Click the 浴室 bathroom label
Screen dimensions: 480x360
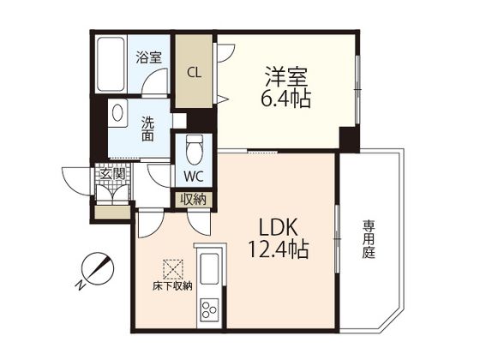click(149, 57)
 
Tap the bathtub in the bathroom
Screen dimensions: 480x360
click(111, 64)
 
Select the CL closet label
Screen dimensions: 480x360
click(194, 73)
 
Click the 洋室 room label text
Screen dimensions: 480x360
click(286, 76)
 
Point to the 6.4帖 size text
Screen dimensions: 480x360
click(286, 99)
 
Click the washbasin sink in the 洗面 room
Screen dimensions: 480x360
click(117, 113)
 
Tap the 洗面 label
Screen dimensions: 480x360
click(147, 129)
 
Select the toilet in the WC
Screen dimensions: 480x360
click(194, 150)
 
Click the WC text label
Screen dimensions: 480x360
click(194, 176)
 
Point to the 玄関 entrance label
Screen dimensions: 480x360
click(112, 175)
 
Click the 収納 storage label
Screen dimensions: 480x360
click(193, 200)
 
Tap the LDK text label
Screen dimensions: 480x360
click(279, 227)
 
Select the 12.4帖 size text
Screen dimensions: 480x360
click(278, 249)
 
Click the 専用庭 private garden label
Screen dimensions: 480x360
click(369, 239)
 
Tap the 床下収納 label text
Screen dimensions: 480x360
click(172, 286)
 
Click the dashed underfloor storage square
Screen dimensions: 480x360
click(173, 269)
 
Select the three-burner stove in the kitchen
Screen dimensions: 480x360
click(209, 309)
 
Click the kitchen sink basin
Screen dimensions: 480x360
click(209, 269)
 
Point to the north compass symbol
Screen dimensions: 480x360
click(98, 269)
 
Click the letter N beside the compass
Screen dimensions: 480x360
click(81, 285)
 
